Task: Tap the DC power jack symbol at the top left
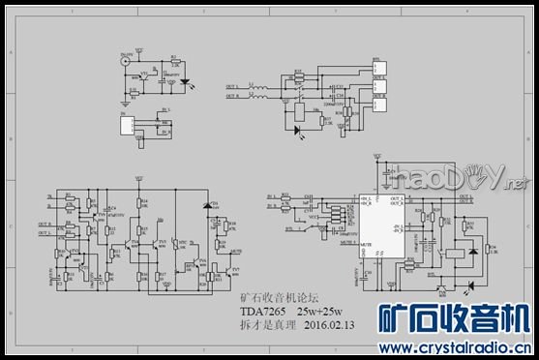point(125,61)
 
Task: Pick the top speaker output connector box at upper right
point(380,68)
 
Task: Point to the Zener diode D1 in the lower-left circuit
point(205,205)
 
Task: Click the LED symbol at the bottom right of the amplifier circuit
point(469,285)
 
